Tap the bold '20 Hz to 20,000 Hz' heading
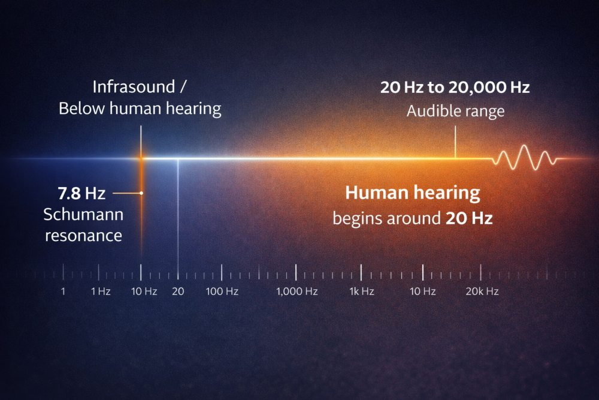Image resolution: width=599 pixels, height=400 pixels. click(455, 88)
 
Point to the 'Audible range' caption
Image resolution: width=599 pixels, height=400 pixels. click(455, 111)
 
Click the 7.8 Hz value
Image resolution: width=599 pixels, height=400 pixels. click(81, 193)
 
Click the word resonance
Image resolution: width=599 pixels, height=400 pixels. click(84, 234)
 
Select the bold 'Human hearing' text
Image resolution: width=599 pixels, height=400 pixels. click(413, 193)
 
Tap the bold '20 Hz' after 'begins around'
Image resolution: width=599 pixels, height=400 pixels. click(469, 218)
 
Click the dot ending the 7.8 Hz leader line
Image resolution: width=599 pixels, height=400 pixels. click(141, 193)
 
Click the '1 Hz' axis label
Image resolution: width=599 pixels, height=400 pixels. click(101, 291)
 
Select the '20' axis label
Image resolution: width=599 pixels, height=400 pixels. click(177, 291)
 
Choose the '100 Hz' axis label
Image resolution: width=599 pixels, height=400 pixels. click(222, 291)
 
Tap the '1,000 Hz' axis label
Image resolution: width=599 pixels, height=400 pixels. click(297, 291)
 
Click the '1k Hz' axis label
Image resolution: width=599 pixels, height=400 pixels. click(361, 291)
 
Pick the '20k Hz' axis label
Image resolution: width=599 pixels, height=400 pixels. click(482, 291)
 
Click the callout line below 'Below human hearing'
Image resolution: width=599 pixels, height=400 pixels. click(141, 139)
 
